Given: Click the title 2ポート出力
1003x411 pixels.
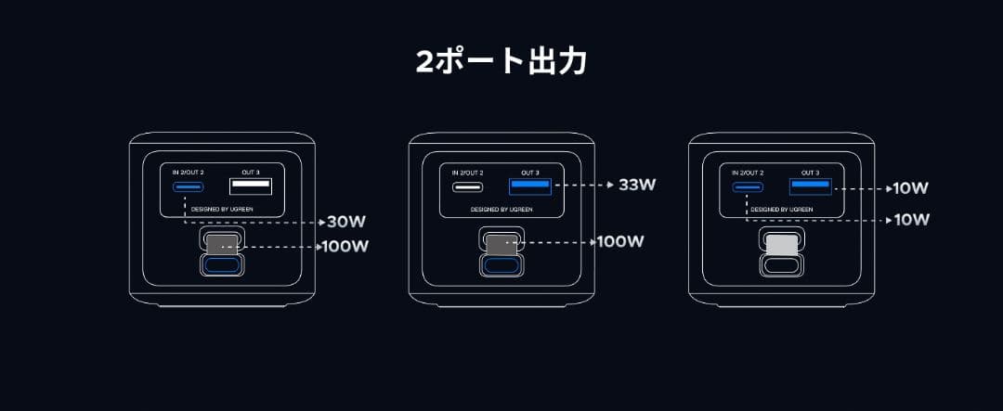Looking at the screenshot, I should (x=501, y=62).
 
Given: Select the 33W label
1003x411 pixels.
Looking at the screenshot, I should (x=637, y=185).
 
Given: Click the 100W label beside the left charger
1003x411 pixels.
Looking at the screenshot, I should (x=345, y=247).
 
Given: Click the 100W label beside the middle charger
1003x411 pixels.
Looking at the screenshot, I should (x=620, y=242).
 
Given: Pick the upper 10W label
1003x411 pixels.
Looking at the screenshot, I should (x=910, y=188).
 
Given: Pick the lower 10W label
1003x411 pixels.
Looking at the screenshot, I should (x=910, y=220).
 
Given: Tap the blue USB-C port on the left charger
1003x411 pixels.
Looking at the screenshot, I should (x=187, y=187).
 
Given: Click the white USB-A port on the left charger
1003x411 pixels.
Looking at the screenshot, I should (x=251, y=187).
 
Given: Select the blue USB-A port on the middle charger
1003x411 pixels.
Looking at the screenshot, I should (x=530, y=186).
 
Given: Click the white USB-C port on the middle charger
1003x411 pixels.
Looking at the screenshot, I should (x=467, y=186).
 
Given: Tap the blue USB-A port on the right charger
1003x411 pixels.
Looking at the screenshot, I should (x=810, y=186).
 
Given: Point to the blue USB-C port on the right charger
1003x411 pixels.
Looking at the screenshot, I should (x=747, y=186).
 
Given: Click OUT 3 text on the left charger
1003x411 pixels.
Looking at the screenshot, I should (x=250, y=173).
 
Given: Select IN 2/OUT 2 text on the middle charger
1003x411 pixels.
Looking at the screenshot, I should (x=467, y=173).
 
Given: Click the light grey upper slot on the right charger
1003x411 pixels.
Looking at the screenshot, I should (x=781, y=244).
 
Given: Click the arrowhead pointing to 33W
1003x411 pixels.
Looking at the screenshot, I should (x=607, y=185).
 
